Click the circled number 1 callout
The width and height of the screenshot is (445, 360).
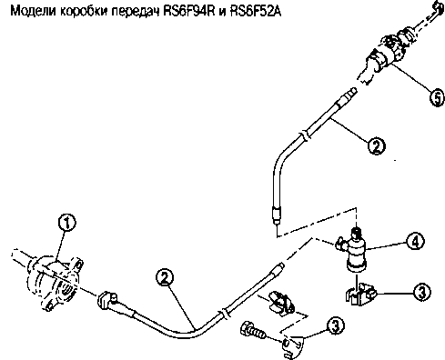(x=66, y=223)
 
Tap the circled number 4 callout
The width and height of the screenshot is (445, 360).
(x=415, y=241)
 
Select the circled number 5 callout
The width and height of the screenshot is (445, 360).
(x=437, y=97)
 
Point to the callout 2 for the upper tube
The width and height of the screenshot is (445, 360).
(x=377, y=146)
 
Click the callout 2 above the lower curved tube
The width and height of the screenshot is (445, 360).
(x=165, y=278)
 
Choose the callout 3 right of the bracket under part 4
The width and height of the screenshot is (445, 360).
(x=421, y=293)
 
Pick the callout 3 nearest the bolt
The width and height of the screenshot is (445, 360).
(x=335, y=325)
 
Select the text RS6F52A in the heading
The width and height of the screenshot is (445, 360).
(x=256, y=12)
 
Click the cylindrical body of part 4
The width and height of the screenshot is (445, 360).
(x=357, y=252)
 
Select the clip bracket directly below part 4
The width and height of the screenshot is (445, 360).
(x=360, y=294)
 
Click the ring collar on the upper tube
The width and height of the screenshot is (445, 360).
(x=305, y=135)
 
